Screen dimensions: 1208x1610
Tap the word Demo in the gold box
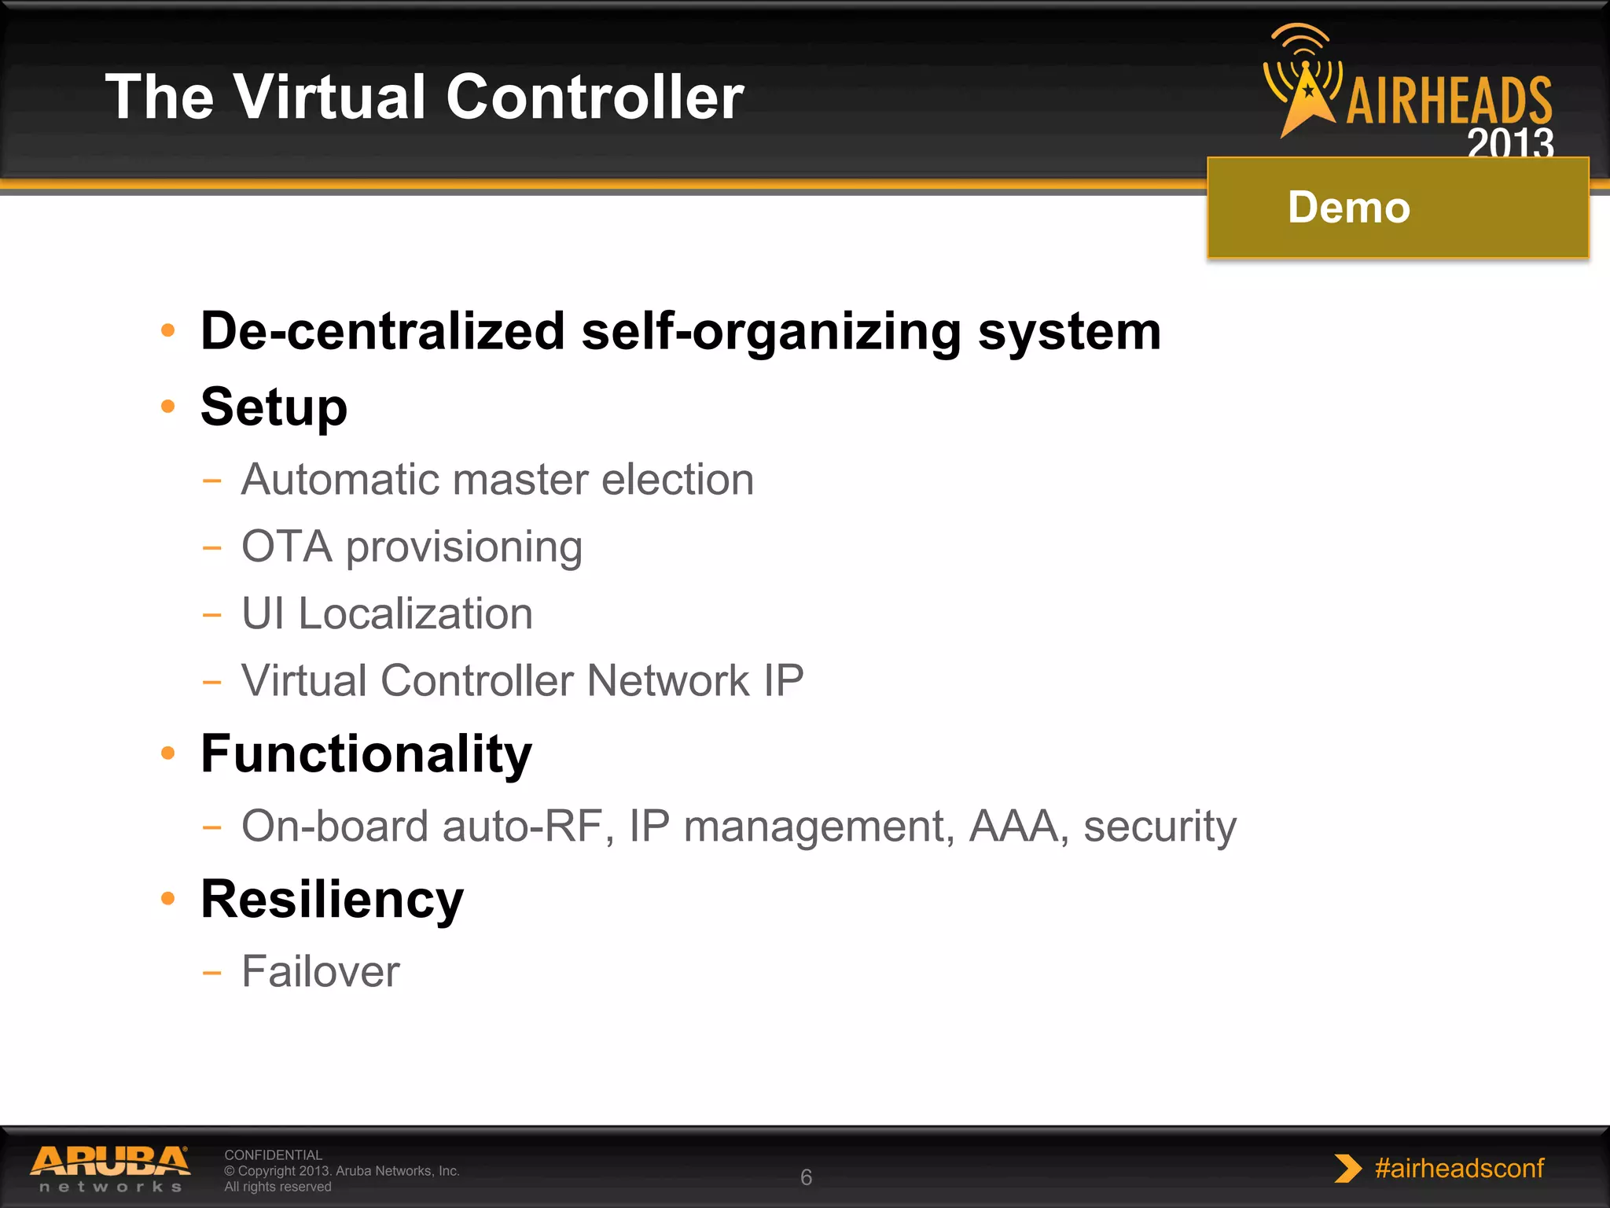point(1348,208)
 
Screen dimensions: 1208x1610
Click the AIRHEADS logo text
point(1449,101)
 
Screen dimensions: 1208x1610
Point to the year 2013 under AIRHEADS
point(1509,143)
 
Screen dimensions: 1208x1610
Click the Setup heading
point(274,407)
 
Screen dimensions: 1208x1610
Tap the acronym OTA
point(286,547)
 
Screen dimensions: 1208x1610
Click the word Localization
point(415,613)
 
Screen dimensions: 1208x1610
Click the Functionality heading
point(366,753)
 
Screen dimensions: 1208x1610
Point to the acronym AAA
point(1014,827)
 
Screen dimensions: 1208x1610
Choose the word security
point(1160,827)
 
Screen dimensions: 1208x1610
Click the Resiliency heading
point(332,899)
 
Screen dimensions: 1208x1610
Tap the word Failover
point(320,972)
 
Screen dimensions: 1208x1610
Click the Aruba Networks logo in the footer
point(110,1169)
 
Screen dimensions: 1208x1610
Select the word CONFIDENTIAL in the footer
point(273,1155)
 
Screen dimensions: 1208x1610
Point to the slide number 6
point(806,1177)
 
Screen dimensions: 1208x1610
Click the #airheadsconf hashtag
point(1458,1168)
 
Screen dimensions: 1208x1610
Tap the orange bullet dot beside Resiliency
point(167,898)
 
